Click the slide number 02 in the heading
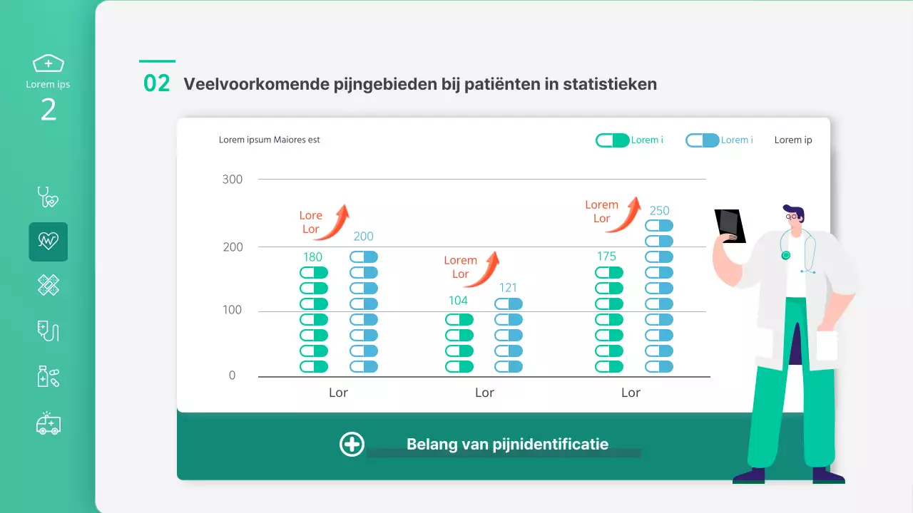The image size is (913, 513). tap(157, 83)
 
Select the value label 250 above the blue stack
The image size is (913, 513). tap(659, 210)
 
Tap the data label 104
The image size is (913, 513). tap(458, 301)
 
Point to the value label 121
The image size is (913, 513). tap(508, 288)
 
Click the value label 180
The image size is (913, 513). tap(312, 257)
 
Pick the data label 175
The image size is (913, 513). tap(606, 256)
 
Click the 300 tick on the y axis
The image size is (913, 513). tap(233, 180)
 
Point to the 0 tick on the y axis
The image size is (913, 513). tap(232, 375)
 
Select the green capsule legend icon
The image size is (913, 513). tap(612, 140)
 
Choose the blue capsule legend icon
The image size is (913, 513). tap(702, 140)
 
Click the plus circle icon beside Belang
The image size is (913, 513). tap(352, 444)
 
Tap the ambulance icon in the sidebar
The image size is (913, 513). tap(49, 423)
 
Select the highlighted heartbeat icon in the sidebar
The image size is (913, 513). tap(49, 242)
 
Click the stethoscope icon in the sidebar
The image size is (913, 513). tap(48, 197)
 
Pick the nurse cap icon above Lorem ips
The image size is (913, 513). tap(49, 63)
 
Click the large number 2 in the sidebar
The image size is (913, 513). tap(49, 110)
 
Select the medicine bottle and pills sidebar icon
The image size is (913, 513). tap(48, 376)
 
